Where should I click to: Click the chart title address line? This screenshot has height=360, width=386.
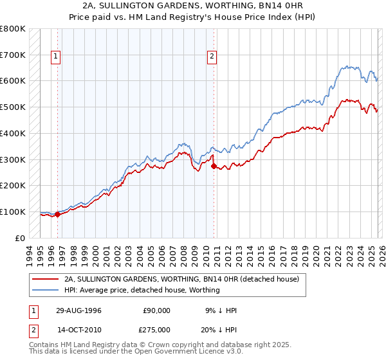point(192,6)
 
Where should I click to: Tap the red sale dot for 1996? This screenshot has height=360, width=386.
point(58,214)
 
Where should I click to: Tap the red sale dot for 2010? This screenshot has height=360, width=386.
point(214,166)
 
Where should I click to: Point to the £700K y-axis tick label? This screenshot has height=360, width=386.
point(13,55)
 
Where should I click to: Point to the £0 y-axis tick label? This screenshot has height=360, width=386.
point(20,238)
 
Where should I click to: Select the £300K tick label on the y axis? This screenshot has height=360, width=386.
point(13,159)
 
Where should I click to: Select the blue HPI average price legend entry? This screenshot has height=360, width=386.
point(142,290)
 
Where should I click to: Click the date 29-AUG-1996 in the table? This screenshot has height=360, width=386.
point(78,310)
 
